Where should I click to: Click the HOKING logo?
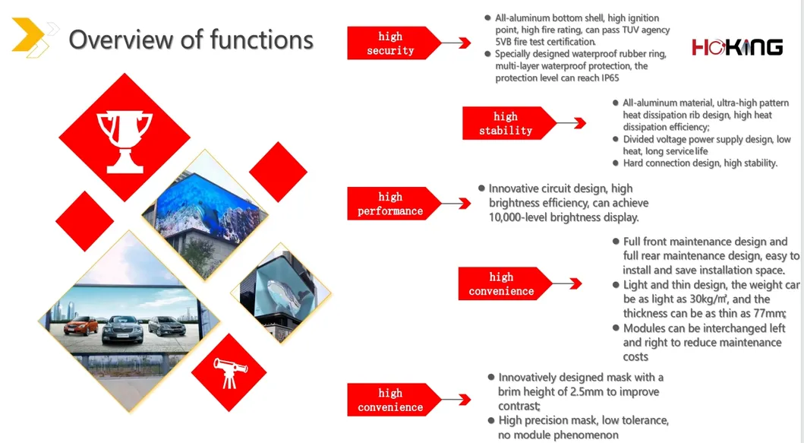(736, 47)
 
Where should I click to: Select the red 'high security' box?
(390, 43)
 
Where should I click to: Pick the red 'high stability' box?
(506, 123)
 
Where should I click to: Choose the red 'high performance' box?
(390, 204)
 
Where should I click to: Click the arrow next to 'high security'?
(456, 43)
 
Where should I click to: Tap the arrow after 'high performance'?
(456, 204)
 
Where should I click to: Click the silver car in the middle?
(121, 327)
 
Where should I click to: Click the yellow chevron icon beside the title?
(30, 38)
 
